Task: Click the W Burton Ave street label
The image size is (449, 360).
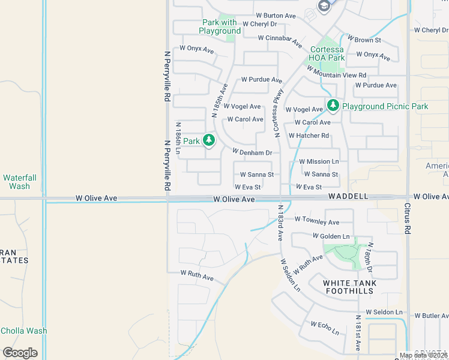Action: [276, 15]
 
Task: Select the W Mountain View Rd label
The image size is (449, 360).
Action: [336, 72]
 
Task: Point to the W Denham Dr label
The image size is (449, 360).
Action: [252, 153]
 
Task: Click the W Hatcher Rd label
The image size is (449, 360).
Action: [309, 136]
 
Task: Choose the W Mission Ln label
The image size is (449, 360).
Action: [319, 161]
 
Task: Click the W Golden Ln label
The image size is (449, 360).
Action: [331, 236]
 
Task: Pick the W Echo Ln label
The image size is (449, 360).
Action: [325, 328]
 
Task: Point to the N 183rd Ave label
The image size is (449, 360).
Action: [280, 223]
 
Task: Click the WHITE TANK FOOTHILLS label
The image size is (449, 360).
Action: [351, 287]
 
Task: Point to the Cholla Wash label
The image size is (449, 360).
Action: [23, 331]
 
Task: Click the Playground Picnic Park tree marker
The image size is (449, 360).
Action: [333, 106]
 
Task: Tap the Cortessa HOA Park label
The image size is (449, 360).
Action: [328, 53]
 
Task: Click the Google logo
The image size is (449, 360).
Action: [20, 353]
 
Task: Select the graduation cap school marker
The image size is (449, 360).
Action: [324, 7]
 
